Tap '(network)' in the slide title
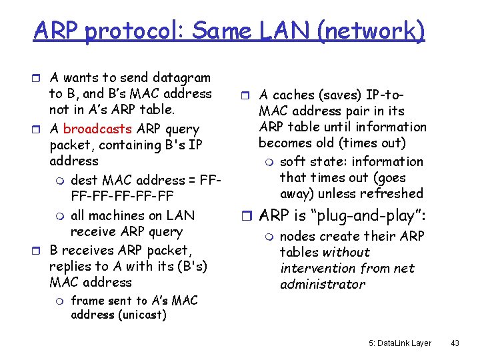371,31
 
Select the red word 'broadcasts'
95,129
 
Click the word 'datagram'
181,78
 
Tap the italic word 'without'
345,252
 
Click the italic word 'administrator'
323,284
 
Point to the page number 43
455,343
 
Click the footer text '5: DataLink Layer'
400,343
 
